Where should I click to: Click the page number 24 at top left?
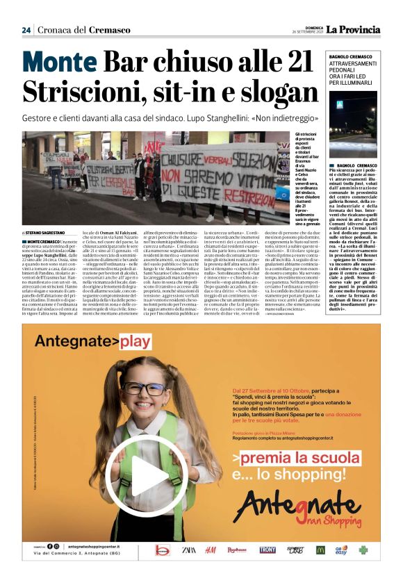click(26, 30)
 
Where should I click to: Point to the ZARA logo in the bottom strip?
click(188, 550)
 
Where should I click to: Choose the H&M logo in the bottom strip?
click(211, 550)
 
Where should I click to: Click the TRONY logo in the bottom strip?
click(268, 550)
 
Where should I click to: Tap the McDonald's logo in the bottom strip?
click(320, 550)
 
